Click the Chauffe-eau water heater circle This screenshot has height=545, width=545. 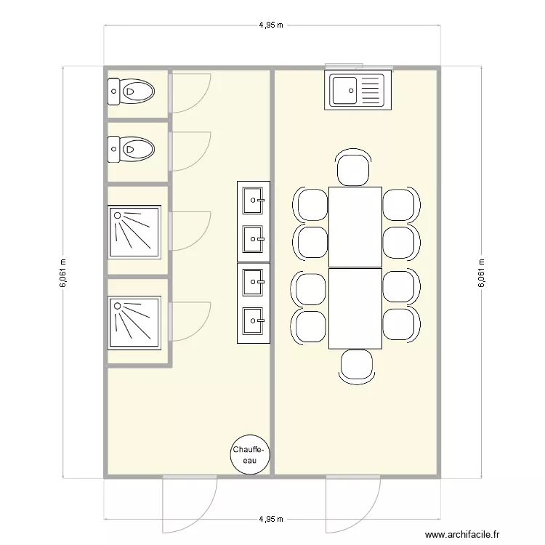pyautogui.click(x=251, y=456)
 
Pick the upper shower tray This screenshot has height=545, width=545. pyautogui.click(x=135, y=233)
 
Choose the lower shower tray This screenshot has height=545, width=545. pyautogui.click(x=135, y=320)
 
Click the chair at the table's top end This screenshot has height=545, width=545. pyautogui.click(x=355, y=169)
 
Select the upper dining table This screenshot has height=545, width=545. pyautogui.click(x=355, y=227)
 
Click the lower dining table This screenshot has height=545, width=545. pyautogui.click(x=355, y=309)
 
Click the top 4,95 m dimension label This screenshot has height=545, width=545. pyautogui.click(x=271, y=25)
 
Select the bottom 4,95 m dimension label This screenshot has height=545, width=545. pyautogui.click(x=271, y=520)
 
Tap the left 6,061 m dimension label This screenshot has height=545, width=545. pyautogui.click(x=62, y=273)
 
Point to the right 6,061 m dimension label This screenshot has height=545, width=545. pyautogui.click(x=480, y=273)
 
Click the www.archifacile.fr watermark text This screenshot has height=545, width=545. pyautogui.click(x=462, y=535)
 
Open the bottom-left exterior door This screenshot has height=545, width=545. pyautogui.click(x=189, y=501)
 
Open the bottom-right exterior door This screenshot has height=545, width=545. pyautogui.click(x=353, y=501)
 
